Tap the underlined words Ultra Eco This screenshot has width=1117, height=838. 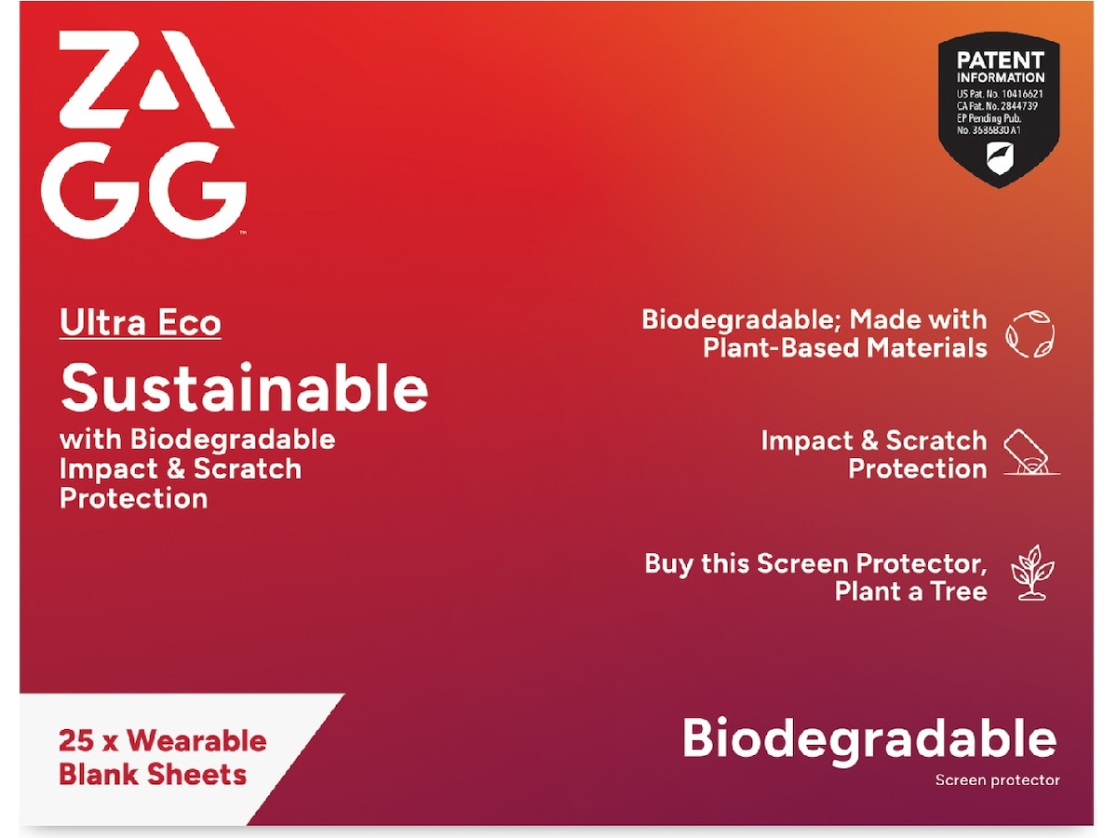tap(141, 323)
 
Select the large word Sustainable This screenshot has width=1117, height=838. tap(244, 388)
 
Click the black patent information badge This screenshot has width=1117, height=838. tap(998, 110)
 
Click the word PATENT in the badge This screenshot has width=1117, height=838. tap(1001, 61)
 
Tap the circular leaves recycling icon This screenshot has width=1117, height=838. tap(1030, 334)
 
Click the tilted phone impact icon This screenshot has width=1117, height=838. tap(1030, 453)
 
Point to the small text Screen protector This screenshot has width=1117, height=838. tap(997, 780)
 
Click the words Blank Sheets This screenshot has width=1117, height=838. tap(153, 775)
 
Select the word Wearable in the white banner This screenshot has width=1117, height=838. tap(196, 741)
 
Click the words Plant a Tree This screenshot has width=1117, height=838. tap(910, 591)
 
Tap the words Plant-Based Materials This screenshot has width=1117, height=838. tap(844, 348)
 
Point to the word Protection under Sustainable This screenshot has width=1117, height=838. tap(133, 498)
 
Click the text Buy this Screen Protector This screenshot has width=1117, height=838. tap(815, 563)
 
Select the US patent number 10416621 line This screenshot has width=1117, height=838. tap(999, 94)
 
